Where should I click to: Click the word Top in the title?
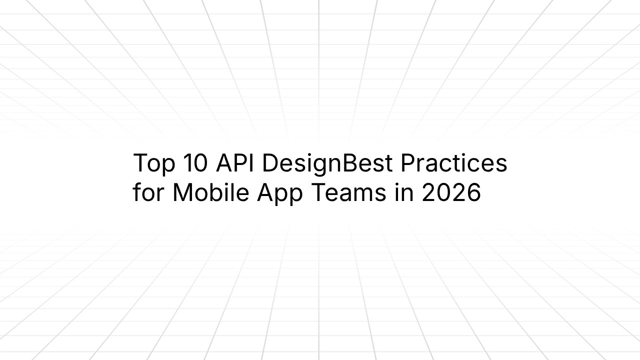point(154,163)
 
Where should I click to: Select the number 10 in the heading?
point(195,163)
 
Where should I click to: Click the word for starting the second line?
point(148,193)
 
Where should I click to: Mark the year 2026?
point(451,193)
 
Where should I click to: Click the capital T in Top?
point(140,163)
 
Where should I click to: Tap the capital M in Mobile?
point(183,193)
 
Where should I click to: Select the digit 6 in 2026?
point(473,193)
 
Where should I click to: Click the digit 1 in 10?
point(187,163)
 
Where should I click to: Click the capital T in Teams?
point(318,193)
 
